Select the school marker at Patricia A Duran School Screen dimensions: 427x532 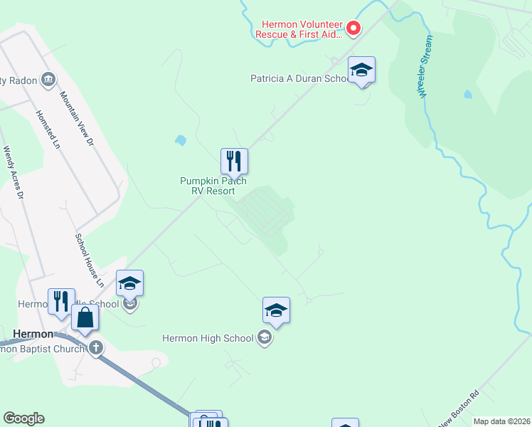click(362, 70)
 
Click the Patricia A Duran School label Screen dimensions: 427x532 click(299, 78)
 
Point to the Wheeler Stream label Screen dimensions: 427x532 click(425, 66)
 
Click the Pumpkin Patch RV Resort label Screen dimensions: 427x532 click(213, 186)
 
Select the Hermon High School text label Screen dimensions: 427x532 click(208, 338)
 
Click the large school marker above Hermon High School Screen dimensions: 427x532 click(276, 310)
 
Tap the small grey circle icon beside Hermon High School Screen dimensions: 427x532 click(265, 337)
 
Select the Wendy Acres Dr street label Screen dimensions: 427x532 click(14, 173)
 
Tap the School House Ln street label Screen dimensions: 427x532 click(90, 259)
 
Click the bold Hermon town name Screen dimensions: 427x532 click(33, 334)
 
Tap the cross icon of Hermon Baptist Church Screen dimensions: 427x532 click(96, 348)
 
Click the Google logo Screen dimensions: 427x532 click(23, 418)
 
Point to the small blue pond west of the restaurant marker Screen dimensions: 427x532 click(180, 140)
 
